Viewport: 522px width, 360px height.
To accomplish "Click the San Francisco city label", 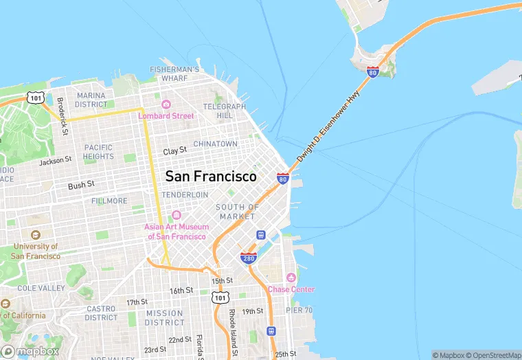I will [211, 176].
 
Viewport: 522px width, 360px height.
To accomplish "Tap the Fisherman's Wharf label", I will [174, 74].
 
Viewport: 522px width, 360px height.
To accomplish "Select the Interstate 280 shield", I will [249, 257].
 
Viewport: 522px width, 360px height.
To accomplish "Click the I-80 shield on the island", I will [372, 71].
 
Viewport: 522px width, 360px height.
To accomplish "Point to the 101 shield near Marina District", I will [36, 98].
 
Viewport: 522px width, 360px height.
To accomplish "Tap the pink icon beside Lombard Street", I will [166, 104].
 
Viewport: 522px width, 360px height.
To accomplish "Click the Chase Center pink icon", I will [291, 278].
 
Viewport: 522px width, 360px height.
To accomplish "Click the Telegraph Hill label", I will [224, 111].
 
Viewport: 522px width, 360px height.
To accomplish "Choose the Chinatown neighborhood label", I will [215, 144].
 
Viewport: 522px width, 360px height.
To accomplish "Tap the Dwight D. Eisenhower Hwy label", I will [328, 128].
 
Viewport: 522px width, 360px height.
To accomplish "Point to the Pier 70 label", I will [299, 311].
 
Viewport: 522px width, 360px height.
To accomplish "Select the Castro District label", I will [101, 313].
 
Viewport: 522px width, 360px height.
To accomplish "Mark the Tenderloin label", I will [185, 194].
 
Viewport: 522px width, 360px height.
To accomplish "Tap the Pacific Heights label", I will [98, 152].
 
